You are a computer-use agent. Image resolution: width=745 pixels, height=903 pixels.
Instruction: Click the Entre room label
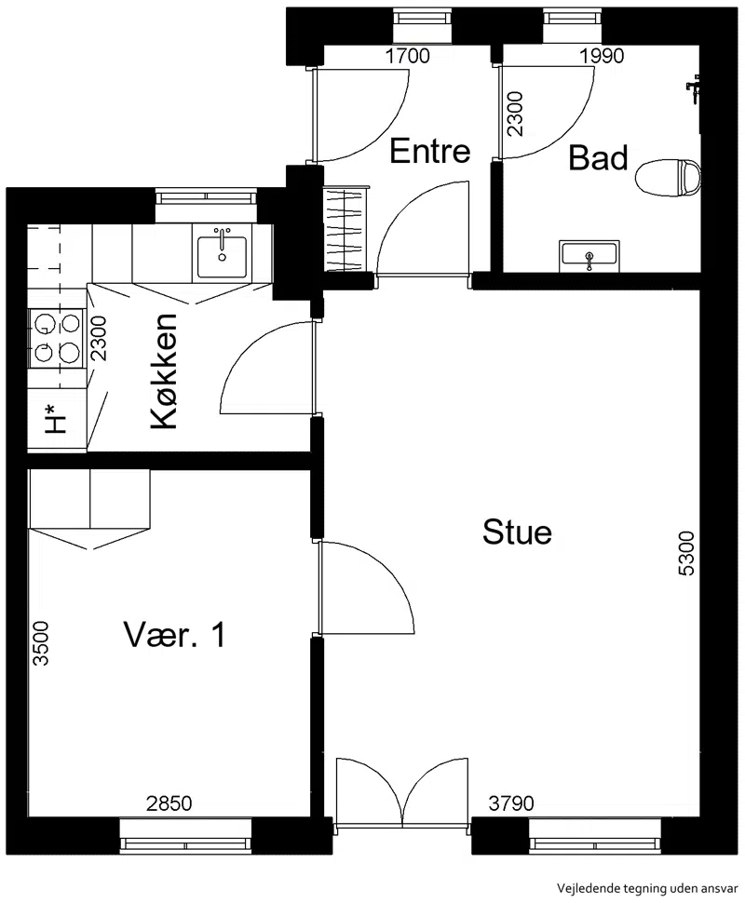(x=430, y=151)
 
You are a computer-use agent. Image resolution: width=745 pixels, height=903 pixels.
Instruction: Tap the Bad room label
(x=598, y=158)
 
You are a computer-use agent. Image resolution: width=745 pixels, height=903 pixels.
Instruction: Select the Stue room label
(x=517, y=532)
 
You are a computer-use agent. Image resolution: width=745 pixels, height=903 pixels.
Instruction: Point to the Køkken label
(x=163, y=371)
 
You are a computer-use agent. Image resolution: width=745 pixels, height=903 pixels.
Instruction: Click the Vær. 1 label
(x=174, y=635)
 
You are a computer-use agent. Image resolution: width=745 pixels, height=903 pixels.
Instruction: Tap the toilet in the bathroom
(x=669, y=177)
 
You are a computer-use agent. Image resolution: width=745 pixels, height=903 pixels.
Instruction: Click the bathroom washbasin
(x=589, y=255)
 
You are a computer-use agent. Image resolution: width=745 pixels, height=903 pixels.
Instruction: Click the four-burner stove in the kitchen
(x=56, y=339)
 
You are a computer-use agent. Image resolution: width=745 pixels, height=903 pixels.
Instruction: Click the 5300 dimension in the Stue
(x=686, y=553)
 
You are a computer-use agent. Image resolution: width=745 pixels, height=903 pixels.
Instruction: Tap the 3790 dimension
(x=511, y=802)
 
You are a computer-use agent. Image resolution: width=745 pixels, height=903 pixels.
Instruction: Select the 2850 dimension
(x=169, y=802)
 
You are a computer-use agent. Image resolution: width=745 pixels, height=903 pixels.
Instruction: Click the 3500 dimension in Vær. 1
(x=40, y=642)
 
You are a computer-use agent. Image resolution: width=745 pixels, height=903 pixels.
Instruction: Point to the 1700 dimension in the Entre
(x=407, y=56)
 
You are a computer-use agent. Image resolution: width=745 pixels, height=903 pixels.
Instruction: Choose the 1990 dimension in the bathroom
(x=602, y=56)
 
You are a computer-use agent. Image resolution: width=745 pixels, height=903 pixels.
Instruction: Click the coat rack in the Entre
(x=346, y=228)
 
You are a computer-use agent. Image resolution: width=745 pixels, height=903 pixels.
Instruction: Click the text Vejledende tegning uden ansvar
(x=647, y=887)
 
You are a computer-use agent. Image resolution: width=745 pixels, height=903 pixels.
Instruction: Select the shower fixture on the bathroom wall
(x=693, y=89)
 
